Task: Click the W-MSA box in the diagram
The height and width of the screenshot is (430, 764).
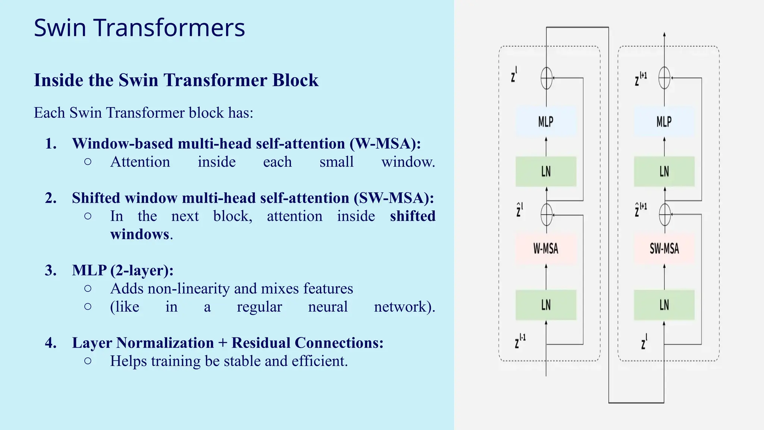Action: pyautogui.click(x=546, y=249)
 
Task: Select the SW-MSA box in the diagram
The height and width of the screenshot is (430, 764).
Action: pyautogui.click(x=664, y=249)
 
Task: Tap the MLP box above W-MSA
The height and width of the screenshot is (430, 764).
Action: pyautogui.click(x=546, y=121)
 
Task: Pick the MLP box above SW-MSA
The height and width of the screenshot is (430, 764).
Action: pyautogui.click(x=664, y=121)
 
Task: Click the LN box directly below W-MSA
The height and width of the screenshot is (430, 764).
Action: pyautogui.click(x=546, y=305)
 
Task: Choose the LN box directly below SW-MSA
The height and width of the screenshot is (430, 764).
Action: pyautogui.click(x=664, y=305)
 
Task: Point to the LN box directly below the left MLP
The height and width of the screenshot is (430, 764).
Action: pyautogui.click(x=546, y=171)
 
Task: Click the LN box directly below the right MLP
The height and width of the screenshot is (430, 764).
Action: pyautogui.click(x=664, y=171)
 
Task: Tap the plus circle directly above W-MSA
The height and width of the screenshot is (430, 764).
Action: pyautogui.click(x=547, y=215)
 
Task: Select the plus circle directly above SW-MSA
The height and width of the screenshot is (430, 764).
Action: pyautogui.click(x=665, y=215)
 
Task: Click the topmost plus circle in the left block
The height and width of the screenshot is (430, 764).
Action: pyautogui.click(x=547, y=78)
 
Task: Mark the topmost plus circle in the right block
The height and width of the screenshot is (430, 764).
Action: pyautogui.click(x=664, y=78)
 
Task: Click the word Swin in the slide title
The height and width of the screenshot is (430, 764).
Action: pyautogui.click(x=60, y=28)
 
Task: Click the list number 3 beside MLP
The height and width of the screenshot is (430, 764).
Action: pyautogui.click(x=50, y=270)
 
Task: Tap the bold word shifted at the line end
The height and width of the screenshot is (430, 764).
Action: pyautogui.click(x=413, y=216)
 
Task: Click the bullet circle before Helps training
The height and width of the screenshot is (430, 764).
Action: pyautogui.click(x=88, y=361)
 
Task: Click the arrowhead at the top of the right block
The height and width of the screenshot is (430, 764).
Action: pyautogui.click(x=664, y=35)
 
